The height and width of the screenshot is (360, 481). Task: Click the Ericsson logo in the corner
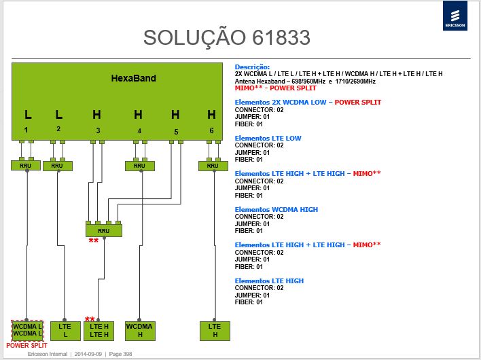[455, 16]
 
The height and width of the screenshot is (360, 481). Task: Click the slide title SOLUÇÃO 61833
[227, 38]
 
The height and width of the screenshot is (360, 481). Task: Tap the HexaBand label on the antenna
[133, 78]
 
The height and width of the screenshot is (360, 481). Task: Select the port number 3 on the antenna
[98, 130]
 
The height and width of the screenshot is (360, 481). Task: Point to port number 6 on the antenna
[211, 130]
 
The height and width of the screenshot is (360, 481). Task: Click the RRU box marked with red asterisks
[104, 230]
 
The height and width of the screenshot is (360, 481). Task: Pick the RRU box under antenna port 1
[25, 166]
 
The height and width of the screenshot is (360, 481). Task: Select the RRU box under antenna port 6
[213, 166]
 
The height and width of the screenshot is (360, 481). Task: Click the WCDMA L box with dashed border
[27, 331]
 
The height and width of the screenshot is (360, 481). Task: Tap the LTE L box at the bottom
[65, 331]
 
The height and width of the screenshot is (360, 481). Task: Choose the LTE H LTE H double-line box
[99, 331]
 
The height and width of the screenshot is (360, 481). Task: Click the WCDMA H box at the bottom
[140, 331]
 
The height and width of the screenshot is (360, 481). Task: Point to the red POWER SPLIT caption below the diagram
[26, 346]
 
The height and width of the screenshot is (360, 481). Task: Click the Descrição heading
[252, 67]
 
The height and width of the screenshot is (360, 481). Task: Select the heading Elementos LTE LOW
[268, 139]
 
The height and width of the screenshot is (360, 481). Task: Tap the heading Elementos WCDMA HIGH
[276, 209]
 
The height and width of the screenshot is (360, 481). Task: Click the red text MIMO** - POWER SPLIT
[275, 88]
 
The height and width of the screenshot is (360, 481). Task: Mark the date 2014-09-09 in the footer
[88, 354]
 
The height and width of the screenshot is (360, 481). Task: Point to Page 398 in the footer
[120, 354]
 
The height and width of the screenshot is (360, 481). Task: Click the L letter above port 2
[59, 115]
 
